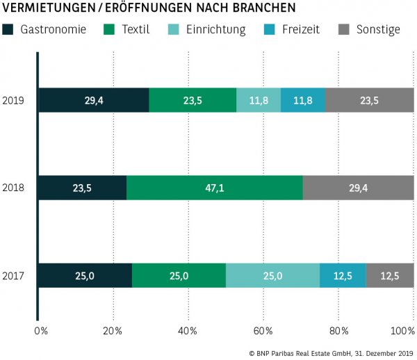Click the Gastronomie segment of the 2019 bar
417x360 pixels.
click(93, 100)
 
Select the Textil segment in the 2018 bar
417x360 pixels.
click(214, 188)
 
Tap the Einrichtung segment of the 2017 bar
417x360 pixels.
click(272, 276)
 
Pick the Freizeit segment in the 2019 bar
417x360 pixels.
click(302, 100)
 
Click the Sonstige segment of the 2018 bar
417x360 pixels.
click(358, 188)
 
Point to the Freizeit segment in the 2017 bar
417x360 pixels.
click(343, 276)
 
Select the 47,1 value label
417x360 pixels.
click(214, 188)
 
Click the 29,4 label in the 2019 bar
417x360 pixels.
click(95, 100)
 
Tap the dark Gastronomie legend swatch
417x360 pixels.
click(8, 29)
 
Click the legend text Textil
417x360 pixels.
click(136, 29)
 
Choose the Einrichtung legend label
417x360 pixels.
click(216, 29)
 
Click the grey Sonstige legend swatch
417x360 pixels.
click(343, 29)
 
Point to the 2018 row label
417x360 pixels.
click(14, 188)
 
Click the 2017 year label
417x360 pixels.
click(14, 276)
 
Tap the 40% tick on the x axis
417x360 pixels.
click(188, 329)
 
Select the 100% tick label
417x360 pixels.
click(402, 329)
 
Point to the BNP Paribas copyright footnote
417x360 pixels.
click(330, 353)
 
